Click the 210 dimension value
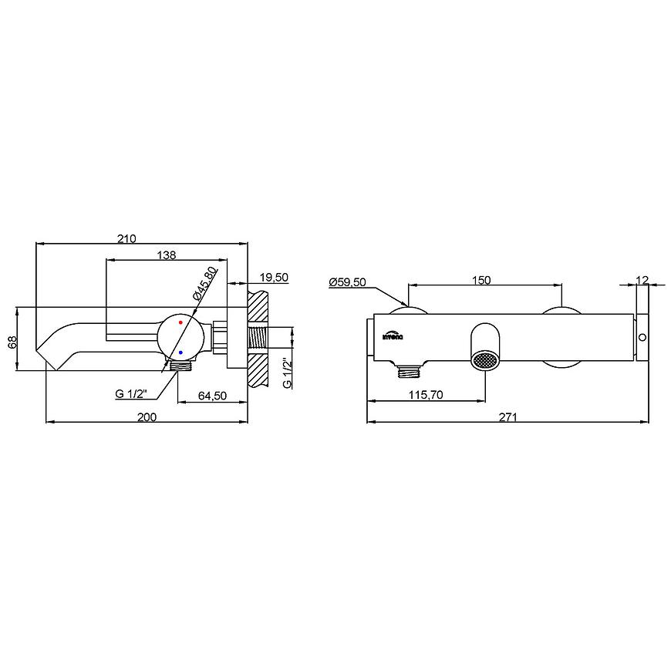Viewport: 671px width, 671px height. coord(126,238)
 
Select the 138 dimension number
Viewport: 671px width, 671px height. coord(167,255)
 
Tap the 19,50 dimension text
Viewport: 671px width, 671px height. coord(274,278)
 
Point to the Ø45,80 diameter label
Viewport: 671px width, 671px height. coord(205,284)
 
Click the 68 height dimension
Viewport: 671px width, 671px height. coord(12,342)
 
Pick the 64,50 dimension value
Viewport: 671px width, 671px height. coord(212,396)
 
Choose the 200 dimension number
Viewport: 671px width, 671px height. coord(147,416)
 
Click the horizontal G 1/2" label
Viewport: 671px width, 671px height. coord(131,393)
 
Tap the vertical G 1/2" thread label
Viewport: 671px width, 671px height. coord(287,373)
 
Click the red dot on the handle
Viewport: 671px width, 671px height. coord(180,322)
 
